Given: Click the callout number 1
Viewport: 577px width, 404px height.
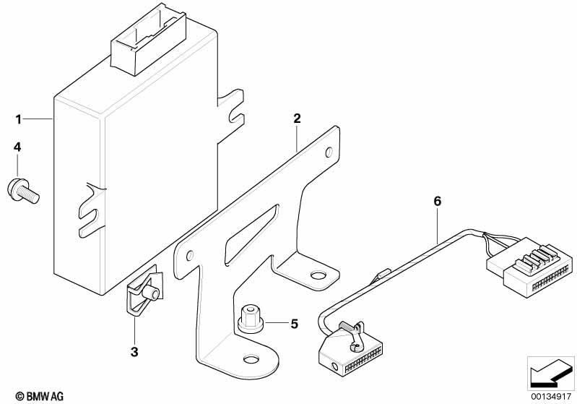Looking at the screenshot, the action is pos(18,119).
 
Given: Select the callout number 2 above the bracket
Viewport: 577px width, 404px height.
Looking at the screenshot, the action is pos(297,119).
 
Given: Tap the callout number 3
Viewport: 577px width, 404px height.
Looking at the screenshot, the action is pos(134,352).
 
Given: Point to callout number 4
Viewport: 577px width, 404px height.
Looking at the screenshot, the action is pos(17,147).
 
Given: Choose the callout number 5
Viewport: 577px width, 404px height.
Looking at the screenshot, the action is pos(295,324).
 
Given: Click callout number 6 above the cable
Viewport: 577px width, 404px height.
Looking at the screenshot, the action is pos(437,201).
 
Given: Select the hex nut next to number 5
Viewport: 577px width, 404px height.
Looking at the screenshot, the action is pos(250,319).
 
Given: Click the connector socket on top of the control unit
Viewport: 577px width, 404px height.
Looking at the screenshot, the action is pos(148,40).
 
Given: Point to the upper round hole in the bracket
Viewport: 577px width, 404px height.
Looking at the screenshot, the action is pos(329,152).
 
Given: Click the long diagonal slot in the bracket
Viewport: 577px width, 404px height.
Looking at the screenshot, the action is pos(251,236).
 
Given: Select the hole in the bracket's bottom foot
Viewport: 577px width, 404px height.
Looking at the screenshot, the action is pos(251,360).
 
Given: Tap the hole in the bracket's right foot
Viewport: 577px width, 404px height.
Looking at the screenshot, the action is pos(318,275).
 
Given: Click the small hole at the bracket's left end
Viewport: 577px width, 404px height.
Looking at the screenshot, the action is pos(190,255).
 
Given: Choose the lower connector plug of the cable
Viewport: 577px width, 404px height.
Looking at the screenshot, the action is pos(350,349).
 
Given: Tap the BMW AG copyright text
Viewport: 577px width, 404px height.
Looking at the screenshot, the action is pos(40,396).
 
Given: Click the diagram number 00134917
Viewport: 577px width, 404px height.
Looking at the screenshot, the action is pos(551,397).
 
